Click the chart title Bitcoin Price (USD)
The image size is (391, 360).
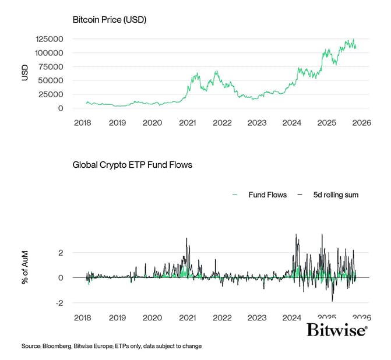point(110,20)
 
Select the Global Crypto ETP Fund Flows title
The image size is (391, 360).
point(132,165)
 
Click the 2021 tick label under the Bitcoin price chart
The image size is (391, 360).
point(187,123)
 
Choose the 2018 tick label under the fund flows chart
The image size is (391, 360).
point(82,318)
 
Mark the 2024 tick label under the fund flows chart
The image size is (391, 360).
point(291,318)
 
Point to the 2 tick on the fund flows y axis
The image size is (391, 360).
point(61,252)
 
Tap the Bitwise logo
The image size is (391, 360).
point(337,331)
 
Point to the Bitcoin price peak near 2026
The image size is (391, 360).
point(353,40)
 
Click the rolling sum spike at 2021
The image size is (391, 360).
point(186,238)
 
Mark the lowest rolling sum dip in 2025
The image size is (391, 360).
point(332,301)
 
